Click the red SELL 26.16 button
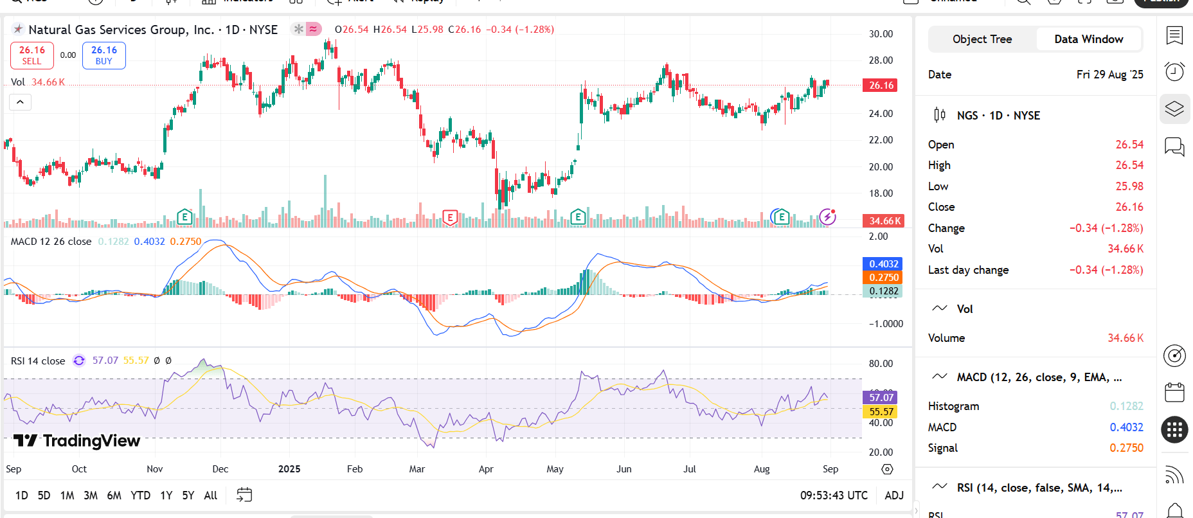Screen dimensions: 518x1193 click(31, 55)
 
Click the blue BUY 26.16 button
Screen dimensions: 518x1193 click(104, 55)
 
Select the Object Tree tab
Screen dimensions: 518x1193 click(982, 39)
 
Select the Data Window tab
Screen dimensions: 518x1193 click(1088, 39)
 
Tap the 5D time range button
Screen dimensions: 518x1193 click(44, 496)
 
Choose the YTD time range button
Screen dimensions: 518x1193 click(140, 496)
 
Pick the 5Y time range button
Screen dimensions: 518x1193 click(188, 496)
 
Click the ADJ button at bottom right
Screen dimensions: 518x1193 click(893, 496)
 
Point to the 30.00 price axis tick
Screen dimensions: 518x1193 click(881, 34)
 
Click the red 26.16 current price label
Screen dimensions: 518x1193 click(881, 85)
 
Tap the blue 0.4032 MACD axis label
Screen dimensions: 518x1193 click(883, 264)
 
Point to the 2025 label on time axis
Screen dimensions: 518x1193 click(289, 469)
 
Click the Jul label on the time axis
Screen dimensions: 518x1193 click(689, 469)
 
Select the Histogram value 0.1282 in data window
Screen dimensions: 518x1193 click(1126, 406)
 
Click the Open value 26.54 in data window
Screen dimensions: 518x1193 click(1129, 145)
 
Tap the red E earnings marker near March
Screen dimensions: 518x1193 click(450, 217)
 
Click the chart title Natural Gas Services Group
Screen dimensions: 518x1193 click(121, 30)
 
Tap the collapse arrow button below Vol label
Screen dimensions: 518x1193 click(20, 102)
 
